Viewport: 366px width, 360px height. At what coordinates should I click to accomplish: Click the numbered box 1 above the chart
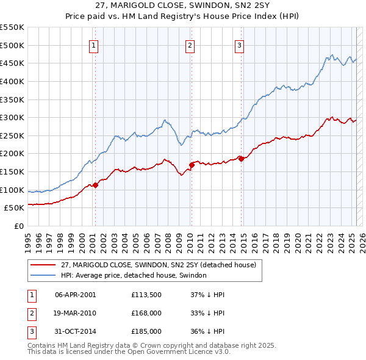tap(95, 45)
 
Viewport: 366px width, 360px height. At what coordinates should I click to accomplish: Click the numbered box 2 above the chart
tap(190, 45)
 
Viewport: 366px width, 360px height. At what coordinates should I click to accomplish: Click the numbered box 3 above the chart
tap(240, 45)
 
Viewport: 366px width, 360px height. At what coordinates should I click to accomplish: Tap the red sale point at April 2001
tap(95, 185)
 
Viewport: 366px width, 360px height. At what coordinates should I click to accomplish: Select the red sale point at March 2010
tap(191, 165)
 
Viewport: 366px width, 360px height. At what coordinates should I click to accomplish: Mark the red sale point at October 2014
tap(241, 159)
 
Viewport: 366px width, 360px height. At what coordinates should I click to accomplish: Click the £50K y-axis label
tap(14, 207)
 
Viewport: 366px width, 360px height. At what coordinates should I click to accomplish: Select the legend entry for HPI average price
tap(134, 275)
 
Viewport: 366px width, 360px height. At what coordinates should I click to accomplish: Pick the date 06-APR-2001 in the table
tap(75, 295)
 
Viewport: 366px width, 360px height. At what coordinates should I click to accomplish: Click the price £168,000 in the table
tap(146, 313)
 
